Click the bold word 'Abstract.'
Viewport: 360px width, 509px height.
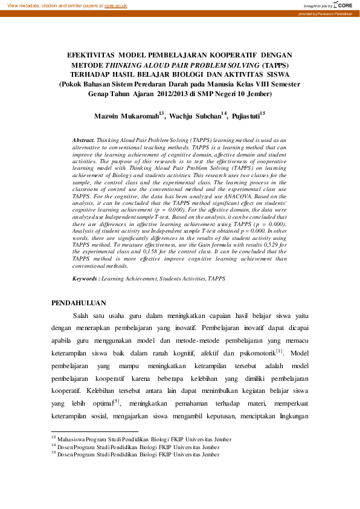coord(83,139)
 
